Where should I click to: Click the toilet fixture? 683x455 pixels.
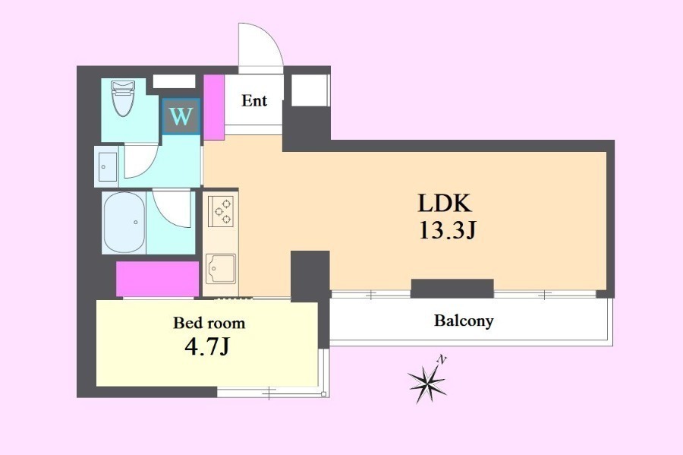click(122, 99)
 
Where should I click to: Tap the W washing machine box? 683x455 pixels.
click(181, 116)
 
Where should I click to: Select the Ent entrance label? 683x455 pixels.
click(254, 101)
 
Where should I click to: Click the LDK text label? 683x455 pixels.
click(445, 203)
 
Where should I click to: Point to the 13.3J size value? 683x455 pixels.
click(447, 230)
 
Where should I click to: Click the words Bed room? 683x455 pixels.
click(209, 323)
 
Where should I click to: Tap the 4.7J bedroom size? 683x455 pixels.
click(207, 347)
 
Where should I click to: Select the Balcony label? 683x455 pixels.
click(464, 321)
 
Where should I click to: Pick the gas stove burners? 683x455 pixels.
click(222, 211)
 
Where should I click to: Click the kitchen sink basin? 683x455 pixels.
click(221, 268)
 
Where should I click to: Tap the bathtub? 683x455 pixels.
click(124, 223)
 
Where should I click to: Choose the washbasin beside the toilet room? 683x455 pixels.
click(108, 166)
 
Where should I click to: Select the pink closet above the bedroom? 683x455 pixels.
click(158, 279)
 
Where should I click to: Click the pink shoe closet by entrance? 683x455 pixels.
click(214, 107)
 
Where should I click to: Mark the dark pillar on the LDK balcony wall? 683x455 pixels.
click(452, 289)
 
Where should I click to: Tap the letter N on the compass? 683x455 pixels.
click(442, 360)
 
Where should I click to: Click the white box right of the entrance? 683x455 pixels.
click(310, 90)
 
